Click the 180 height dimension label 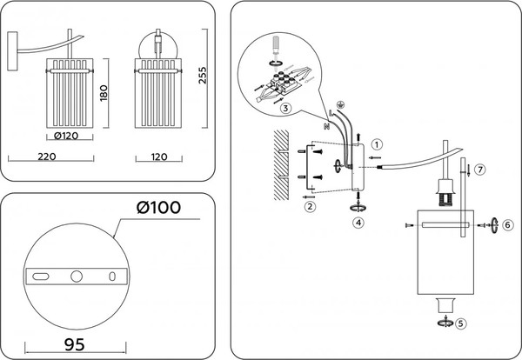coord(103,92)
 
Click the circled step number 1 coord(376,144)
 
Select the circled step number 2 coord(308,206)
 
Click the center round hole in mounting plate coord(77,277)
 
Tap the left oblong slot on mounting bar coord(41,277)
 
